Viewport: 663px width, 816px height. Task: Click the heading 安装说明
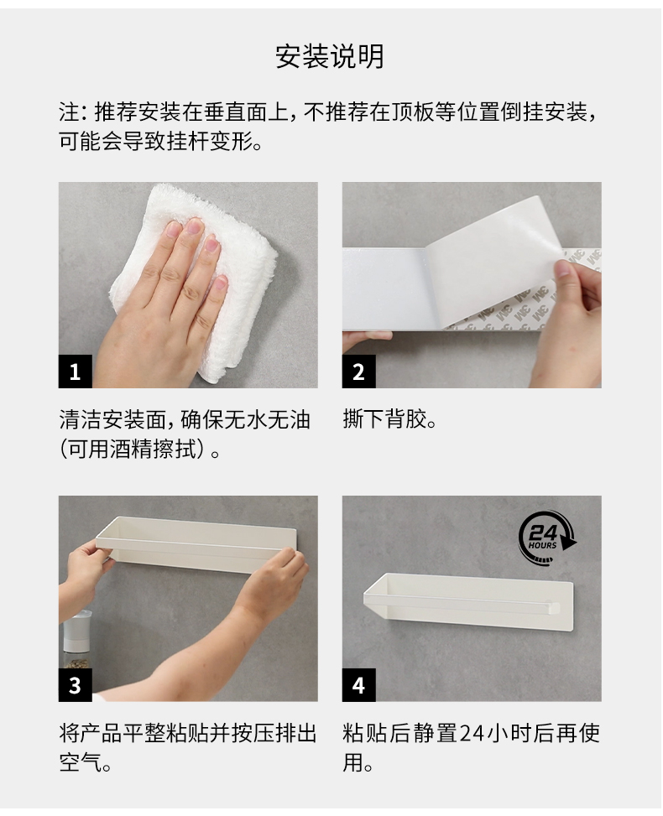pyautogui.click(x=330, y=56)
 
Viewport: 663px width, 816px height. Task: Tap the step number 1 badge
pyautogui.click(x=75, y=372)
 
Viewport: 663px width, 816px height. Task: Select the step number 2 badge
pyautogui.click(x=359, y=372)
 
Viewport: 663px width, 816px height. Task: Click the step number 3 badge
pyautogui.click(x=75, y=685)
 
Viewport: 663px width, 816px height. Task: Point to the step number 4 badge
pyautogui.click(x=359, y=685)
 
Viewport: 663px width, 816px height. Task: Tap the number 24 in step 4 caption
pyautogui.click(x=472, y=733)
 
